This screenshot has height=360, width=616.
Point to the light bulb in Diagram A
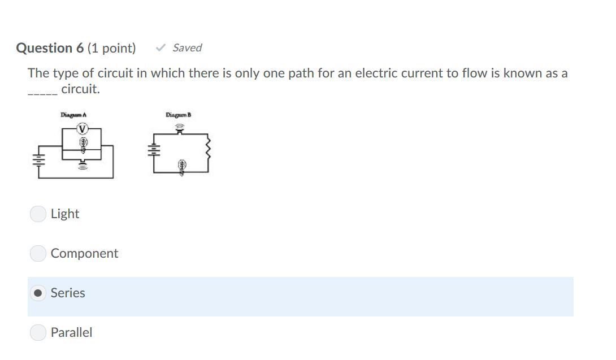pos(83,144)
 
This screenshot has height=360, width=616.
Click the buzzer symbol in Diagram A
pos(83,165)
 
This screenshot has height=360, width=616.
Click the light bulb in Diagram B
pos(182,166)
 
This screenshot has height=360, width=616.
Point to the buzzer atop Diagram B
pos(180,129)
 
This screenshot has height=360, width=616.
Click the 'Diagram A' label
pos(73,115)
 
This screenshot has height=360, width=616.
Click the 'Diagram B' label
pos(178,115)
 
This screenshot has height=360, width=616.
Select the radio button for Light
pos(38,214)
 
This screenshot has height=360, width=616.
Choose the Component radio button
pos(38,253)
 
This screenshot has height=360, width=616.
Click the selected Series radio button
pos(38,293)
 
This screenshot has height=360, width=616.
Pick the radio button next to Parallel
pos(38,332)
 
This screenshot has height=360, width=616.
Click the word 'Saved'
pos(187,48)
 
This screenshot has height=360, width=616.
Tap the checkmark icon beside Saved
pos(161,48)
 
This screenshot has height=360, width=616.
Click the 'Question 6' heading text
pos(50,48)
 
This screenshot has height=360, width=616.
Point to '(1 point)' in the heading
pos(111,48)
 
